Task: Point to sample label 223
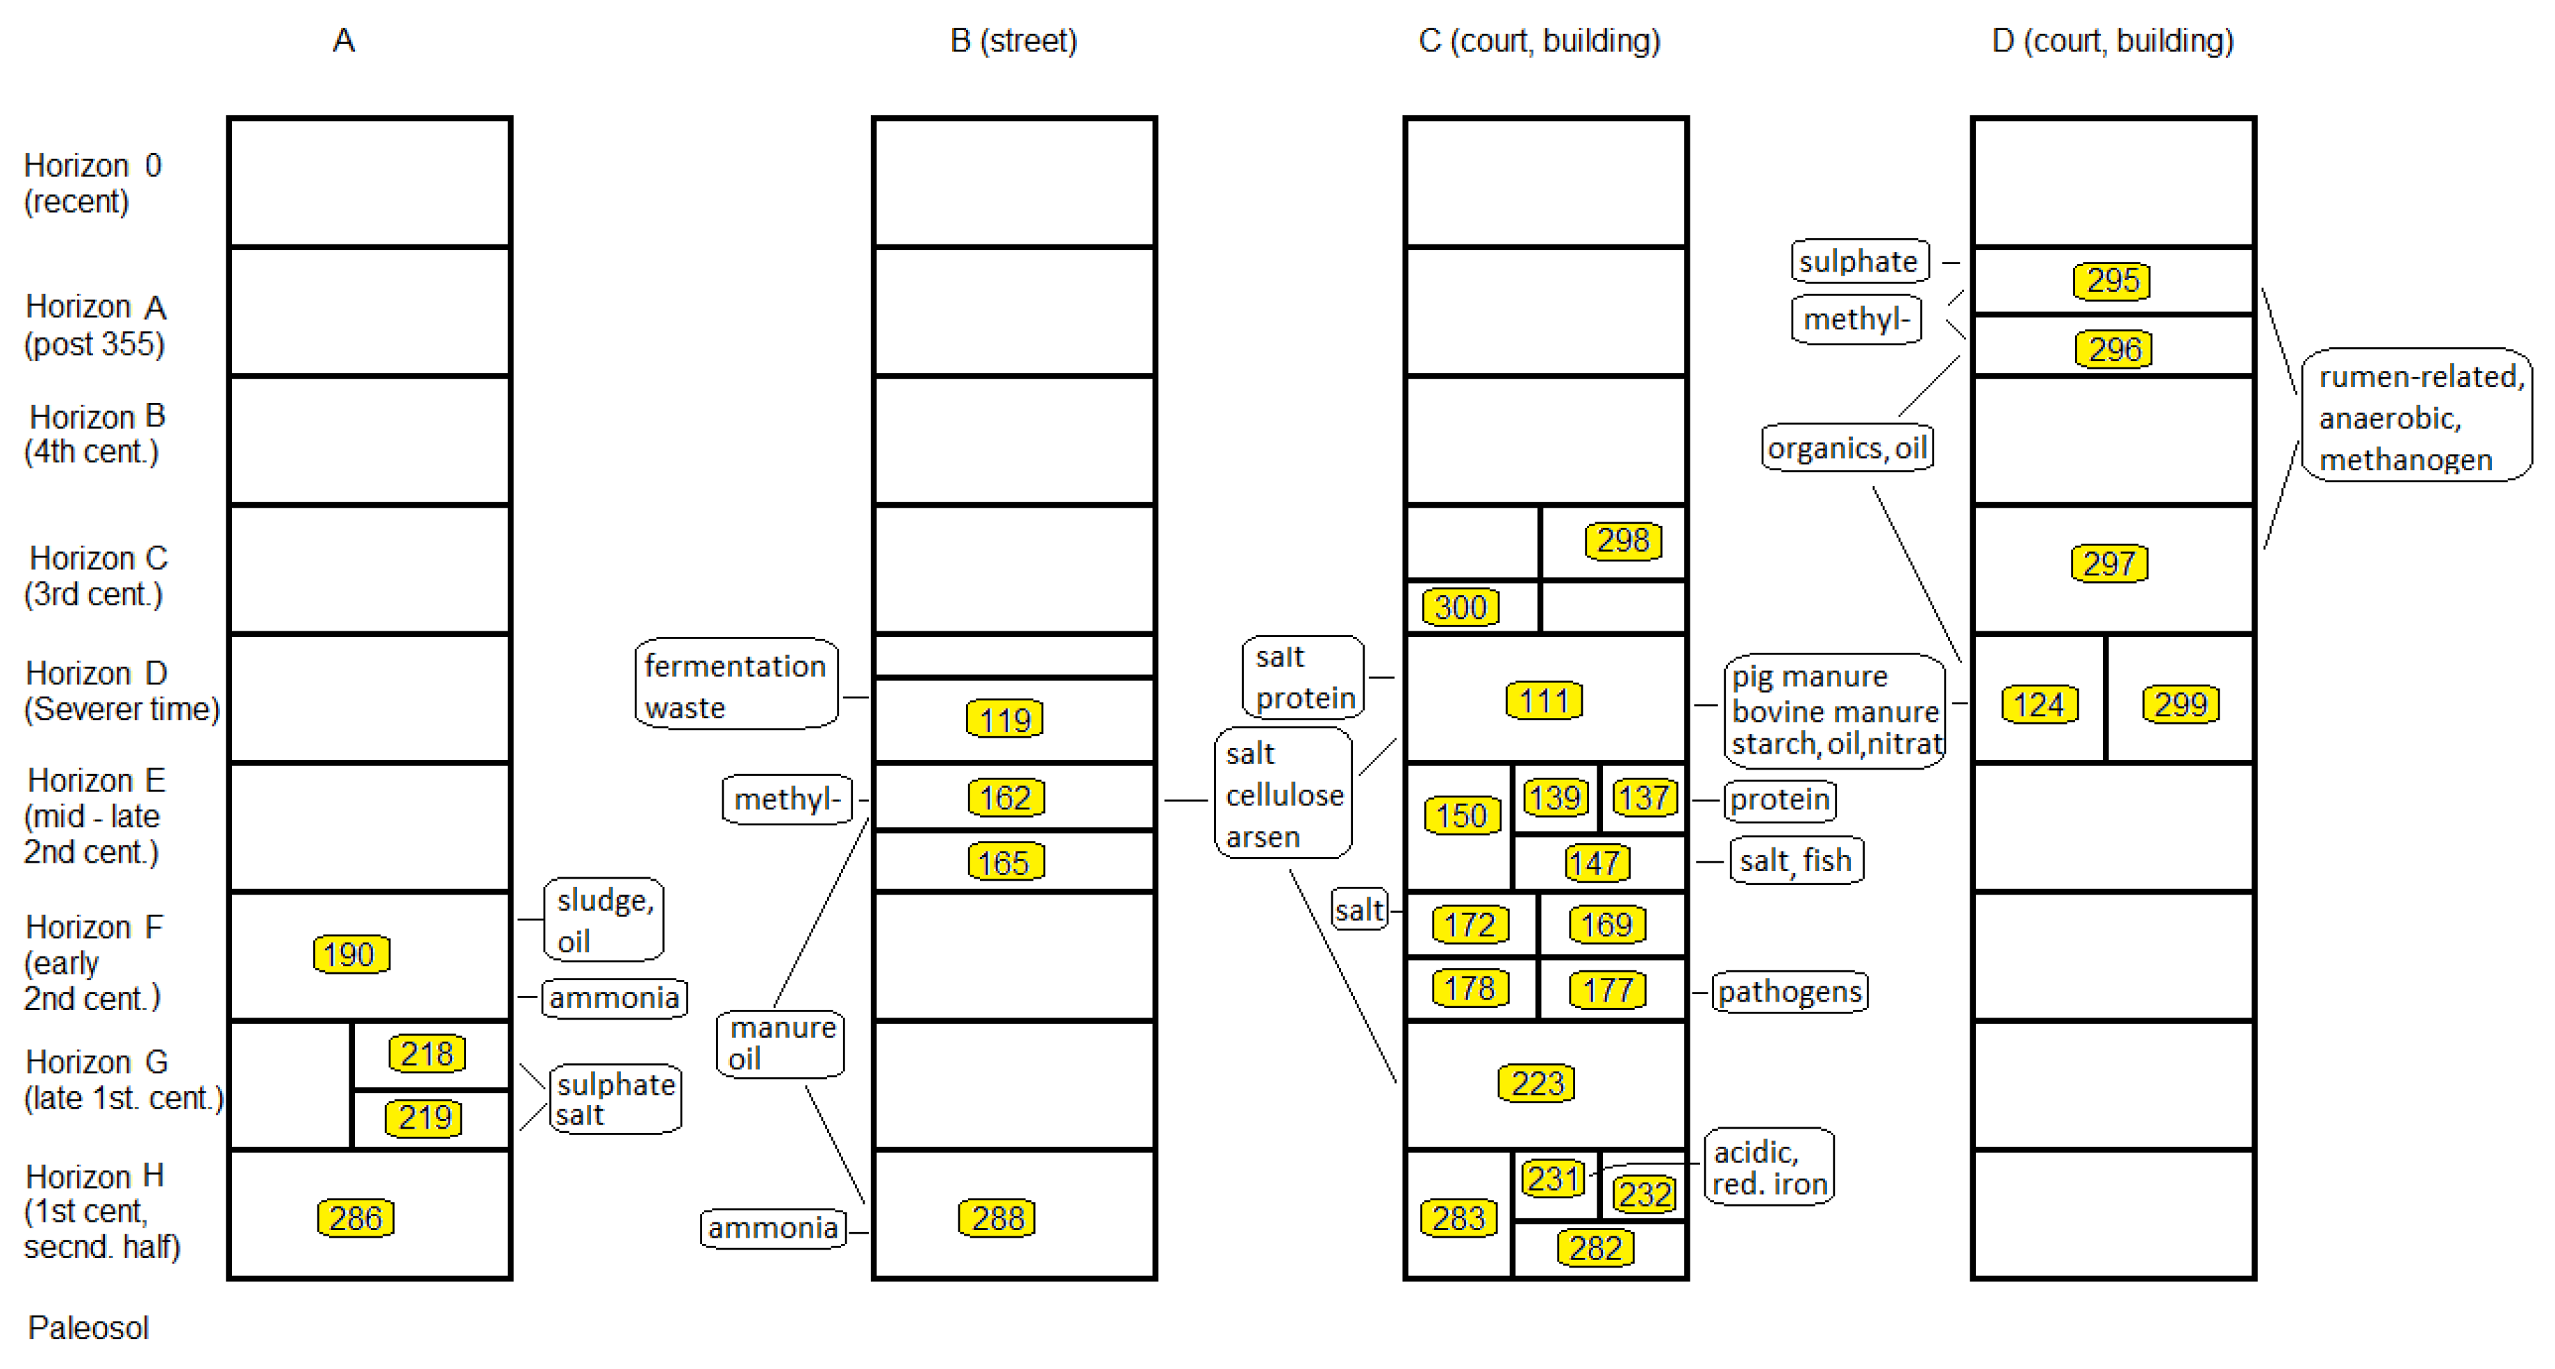tap(1536, 1084)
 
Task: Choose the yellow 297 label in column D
tap(2108, 563)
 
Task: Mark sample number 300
tap(1460, 607)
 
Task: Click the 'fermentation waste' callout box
tap(735, 686)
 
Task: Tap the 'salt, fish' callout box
tap(1795, 860)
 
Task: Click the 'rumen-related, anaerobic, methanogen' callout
tap(2416, 417)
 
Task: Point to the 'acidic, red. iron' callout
tap(1768, 1167)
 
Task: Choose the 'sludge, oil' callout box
tap(603, 920)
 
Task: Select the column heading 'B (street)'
tap(1013, 41)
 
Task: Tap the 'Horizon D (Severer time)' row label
tap(121, 690)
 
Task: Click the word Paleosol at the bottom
tap(88, 1327)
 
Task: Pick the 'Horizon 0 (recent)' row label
tap(91, 183)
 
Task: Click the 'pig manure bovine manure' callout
tap(1834, 709)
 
